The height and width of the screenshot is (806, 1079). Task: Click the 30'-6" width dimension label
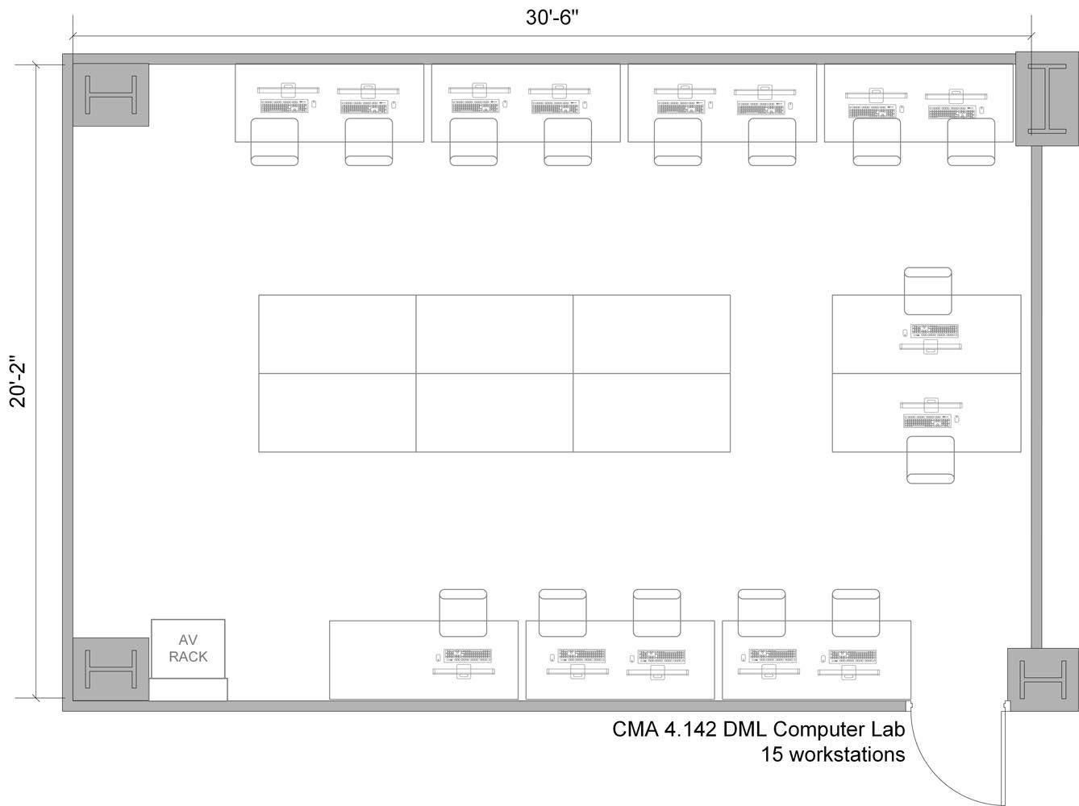click(552, 18)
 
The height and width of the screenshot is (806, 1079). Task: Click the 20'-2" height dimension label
click(18, 383)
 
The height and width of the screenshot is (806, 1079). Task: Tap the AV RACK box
click(188, 649)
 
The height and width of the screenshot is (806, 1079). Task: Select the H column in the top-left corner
click(111, 95)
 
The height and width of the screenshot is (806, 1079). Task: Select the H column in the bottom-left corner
click(110, 669)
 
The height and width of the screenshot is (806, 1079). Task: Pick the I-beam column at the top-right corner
click(1046, 99)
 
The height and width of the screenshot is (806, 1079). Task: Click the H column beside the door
click(1042, 679)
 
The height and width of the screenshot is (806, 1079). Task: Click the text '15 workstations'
click(832, 755)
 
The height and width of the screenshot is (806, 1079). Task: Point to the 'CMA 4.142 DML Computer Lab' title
click(758, 729)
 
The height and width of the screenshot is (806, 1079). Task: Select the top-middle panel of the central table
click(494, 334)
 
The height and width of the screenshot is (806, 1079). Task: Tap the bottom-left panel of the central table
click(337, 412)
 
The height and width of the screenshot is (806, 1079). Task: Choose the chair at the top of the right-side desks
click(927, 291)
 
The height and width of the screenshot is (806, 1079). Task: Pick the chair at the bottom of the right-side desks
click(930, 459)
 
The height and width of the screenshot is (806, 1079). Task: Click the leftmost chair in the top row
click(274, 142)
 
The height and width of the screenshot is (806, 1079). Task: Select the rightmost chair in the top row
click(971, 142)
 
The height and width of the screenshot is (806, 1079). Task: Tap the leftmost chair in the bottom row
click(463, 613)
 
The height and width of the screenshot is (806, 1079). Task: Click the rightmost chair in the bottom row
click(856, 613)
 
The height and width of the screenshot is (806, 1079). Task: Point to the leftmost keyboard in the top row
click(284, 106)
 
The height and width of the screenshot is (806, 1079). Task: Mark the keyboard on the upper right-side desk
click(935, 330)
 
